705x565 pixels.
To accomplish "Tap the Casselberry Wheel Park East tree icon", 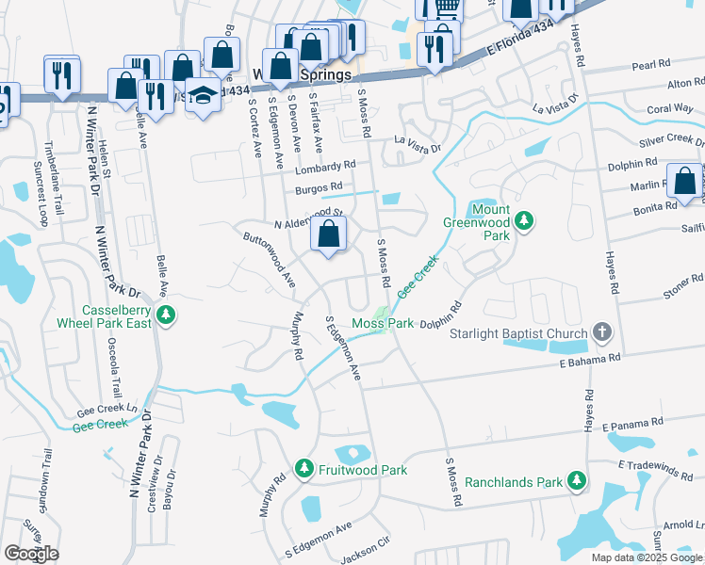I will coord(166,315).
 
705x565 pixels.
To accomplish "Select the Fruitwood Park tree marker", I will coord(303,468).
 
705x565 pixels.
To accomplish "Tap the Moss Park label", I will coord(384,324).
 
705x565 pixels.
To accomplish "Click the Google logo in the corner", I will coord(31,553).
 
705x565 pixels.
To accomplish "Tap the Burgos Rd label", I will coord(316,188).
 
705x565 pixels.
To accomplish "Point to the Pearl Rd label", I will coord(649,65).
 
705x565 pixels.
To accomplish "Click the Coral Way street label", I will coord(670,108).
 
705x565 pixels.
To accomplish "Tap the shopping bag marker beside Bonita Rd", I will coord(682,180).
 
